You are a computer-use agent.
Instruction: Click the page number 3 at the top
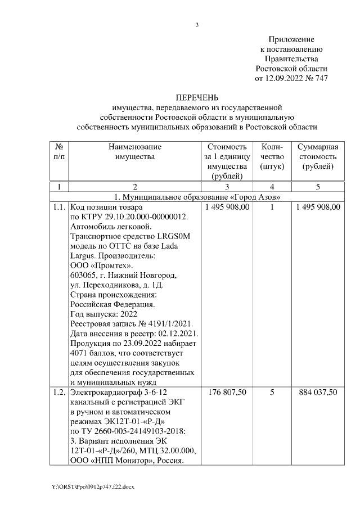[197, 25]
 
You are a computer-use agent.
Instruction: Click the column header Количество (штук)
[272, 157]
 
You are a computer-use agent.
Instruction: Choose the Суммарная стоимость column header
[317, 157]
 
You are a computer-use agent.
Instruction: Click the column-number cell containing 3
[227, 186]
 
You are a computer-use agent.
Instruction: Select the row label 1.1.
[58, 208]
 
